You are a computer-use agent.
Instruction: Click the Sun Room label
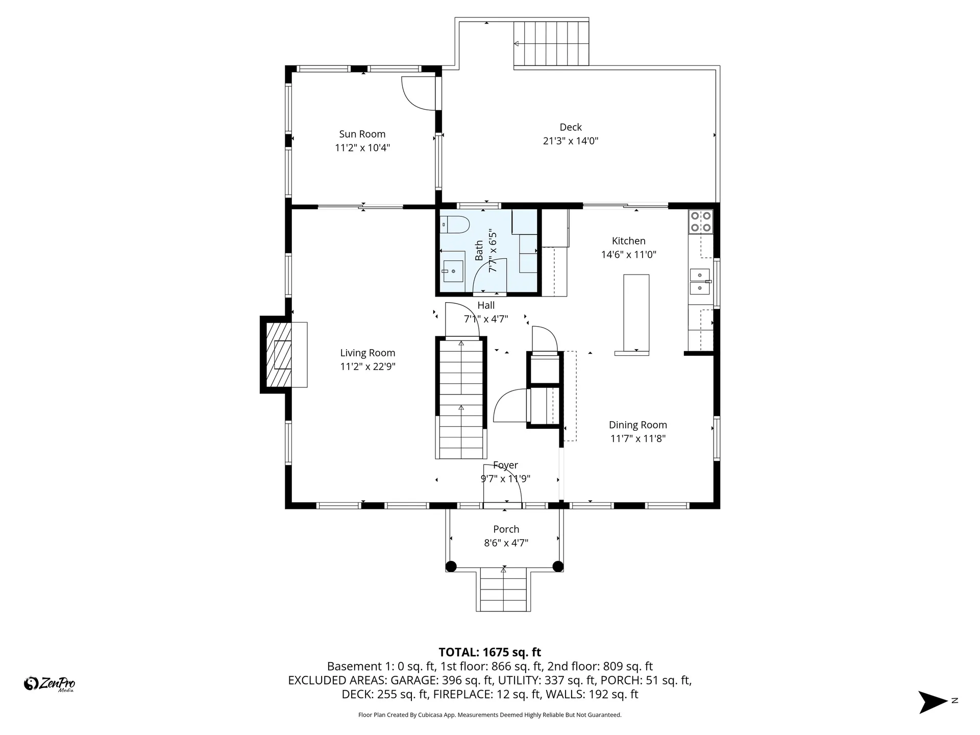click(362, 134)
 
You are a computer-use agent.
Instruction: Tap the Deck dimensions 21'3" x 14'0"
click(570, 141)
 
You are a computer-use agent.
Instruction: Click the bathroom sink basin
click(453, 271)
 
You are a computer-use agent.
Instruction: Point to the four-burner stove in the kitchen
click(700, 222)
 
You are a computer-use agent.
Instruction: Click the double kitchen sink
click(700, 282)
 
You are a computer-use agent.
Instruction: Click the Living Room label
click(367, 353)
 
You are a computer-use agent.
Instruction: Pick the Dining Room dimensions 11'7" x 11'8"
click(638, 438)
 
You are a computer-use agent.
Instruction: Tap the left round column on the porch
click(451, 566)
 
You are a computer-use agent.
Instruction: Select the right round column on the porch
click(558, 566)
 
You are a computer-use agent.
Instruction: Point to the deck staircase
click(551, 44)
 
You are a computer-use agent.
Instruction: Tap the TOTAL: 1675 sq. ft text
click(489, 652)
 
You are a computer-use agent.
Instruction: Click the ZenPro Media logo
click(50, 683)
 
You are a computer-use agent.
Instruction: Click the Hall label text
click(486, 305)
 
